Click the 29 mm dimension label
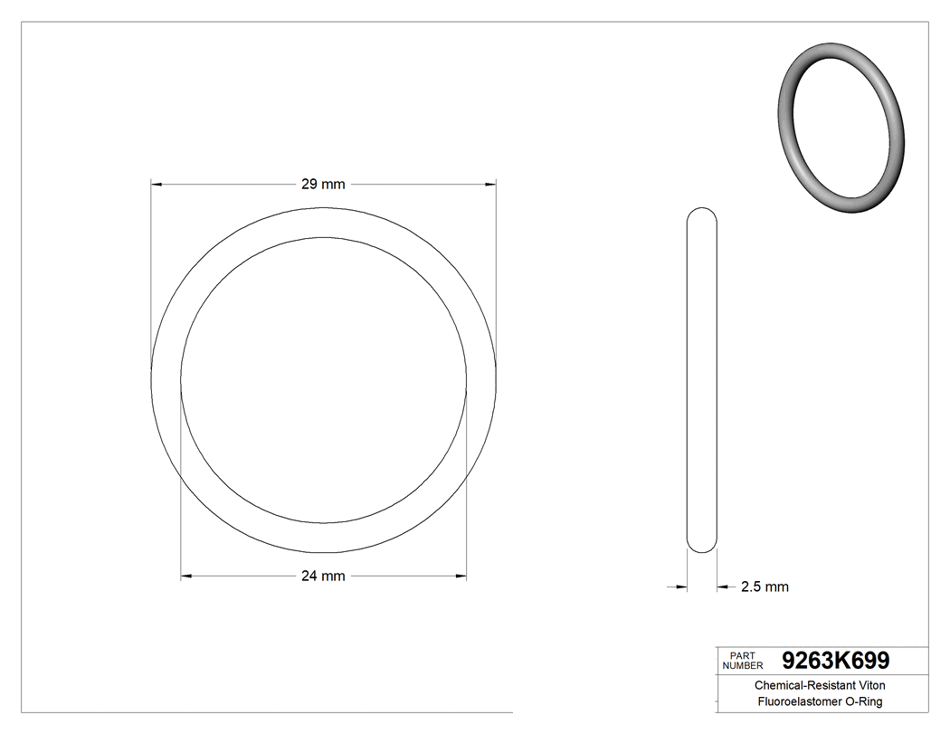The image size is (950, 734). tap(323, 185)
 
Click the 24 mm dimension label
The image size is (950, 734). tap(323, 576)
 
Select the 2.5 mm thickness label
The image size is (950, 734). tap(765, 586)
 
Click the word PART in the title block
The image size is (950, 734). tap(742, 655)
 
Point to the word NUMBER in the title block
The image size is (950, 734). tap(745, 665)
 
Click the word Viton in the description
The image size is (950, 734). tap(867, 686)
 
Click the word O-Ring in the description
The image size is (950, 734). tap(863, 701)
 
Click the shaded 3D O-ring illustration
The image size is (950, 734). tap(841, 128)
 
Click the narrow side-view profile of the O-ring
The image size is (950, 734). tap(702, 380)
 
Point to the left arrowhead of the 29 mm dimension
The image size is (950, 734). tap(156, 185)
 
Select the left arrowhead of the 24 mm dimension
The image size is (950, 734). tap(186, 576)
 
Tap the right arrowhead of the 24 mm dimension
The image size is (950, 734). tap(461, 576)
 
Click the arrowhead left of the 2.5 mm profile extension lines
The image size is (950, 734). tap(681, 587)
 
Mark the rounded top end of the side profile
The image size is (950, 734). tap(702, 215)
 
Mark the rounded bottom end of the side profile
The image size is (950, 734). tap(702, 545)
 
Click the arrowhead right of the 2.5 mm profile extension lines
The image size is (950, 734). tap(723, 587)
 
